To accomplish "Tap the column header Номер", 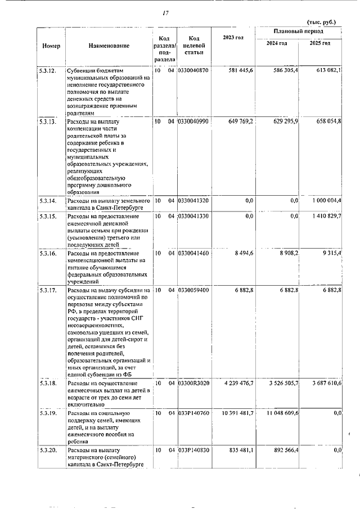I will click(x=51, y=45).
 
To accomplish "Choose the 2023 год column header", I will click(x=233, y=38).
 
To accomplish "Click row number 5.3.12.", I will click(x=48, y=70).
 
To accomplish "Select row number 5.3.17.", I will click(x=48, y=290).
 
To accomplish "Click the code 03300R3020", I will click(x=193, y=383).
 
